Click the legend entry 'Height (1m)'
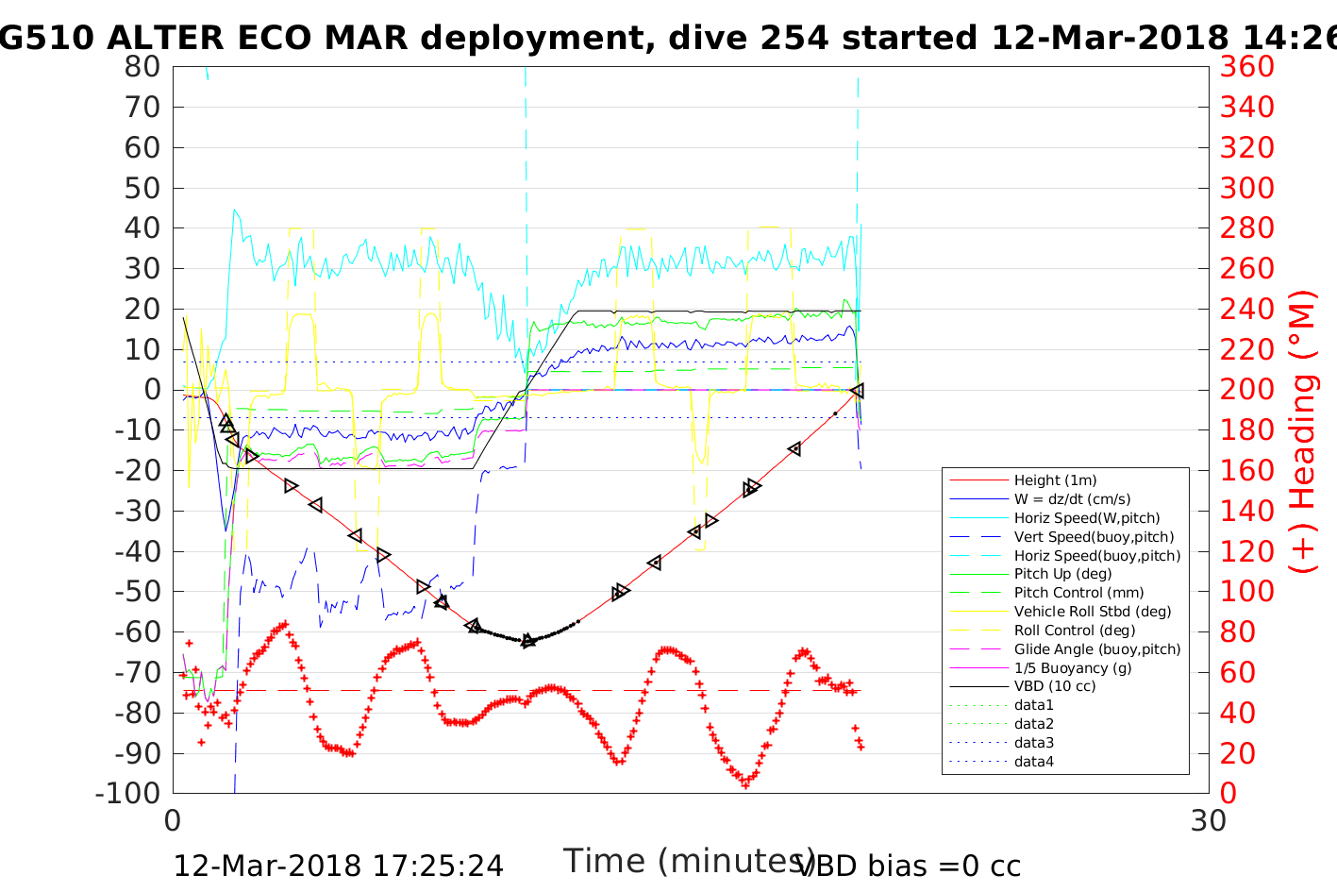pyautogui.click(x=1055, y=480)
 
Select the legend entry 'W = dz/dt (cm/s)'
pyautogui.click(x=1072, y=499)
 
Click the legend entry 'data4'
pyautogui.click(x=1033, y=762)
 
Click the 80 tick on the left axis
pyautogui.click(x=142, y=67)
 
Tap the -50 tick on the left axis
pyautogui.click(x=137, y=592)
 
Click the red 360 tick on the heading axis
pyautogui.click(x=1246, y=67)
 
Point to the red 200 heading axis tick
pyautogui.click(x=1246, y=390)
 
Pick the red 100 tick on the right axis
pyautogui.click(x=1246, y=592)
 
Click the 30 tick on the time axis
pyautogui.click(x=1209, y=820)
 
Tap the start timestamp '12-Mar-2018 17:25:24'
pyautogui.click(x=338, y=866)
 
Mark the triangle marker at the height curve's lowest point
pyautogui.click(x=528, y=641)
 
